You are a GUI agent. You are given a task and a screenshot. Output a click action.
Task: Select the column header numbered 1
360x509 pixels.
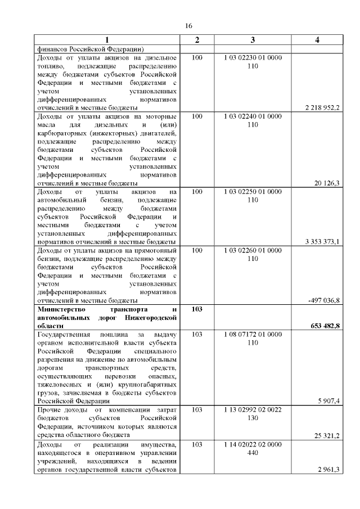[107, 40]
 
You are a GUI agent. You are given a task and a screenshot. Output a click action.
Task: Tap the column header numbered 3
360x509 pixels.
[253, 40]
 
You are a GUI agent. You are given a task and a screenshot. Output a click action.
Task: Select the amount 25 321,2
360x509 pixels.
[327, 435]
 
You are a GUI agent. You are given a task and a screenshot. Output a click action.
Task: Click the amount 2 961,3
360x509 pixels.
[329, 470]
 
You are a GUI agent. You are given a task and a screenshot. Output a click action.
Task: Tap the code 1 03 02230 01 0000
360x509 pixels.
[253, 58]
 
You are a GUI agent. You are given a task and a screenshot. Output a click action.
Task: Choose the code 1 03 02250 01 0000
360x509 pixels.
[253, 192]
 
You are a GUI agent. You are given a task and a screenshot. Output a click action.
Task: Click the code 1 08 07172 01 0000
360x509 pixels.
[253, 335]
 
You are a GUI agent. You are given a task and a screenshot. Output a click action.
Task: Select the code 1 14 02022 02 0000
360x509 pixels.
[253, 444]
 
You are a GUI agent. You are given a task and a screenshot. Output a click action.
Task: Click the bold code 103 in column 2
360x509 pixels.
[197, 309]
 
